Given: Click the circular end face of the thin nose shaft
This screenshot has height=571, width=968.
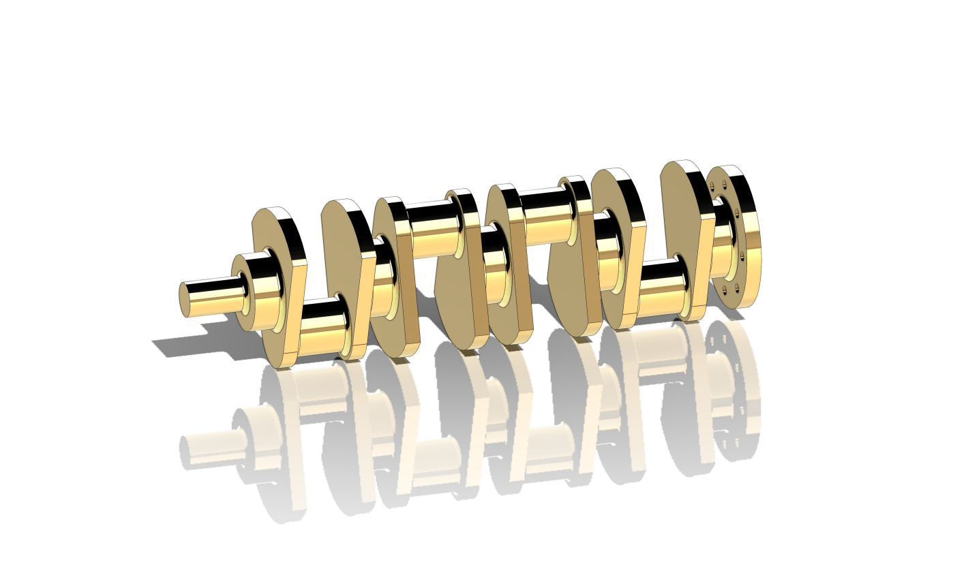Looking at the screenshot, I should [x=184, y=300].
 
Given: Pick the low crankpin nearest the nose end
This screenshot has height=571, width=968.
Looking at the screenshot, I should [x=320, y=327].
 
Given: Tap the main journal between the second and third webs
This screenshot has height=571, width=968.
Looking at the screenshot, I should [x=383, y=279].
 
